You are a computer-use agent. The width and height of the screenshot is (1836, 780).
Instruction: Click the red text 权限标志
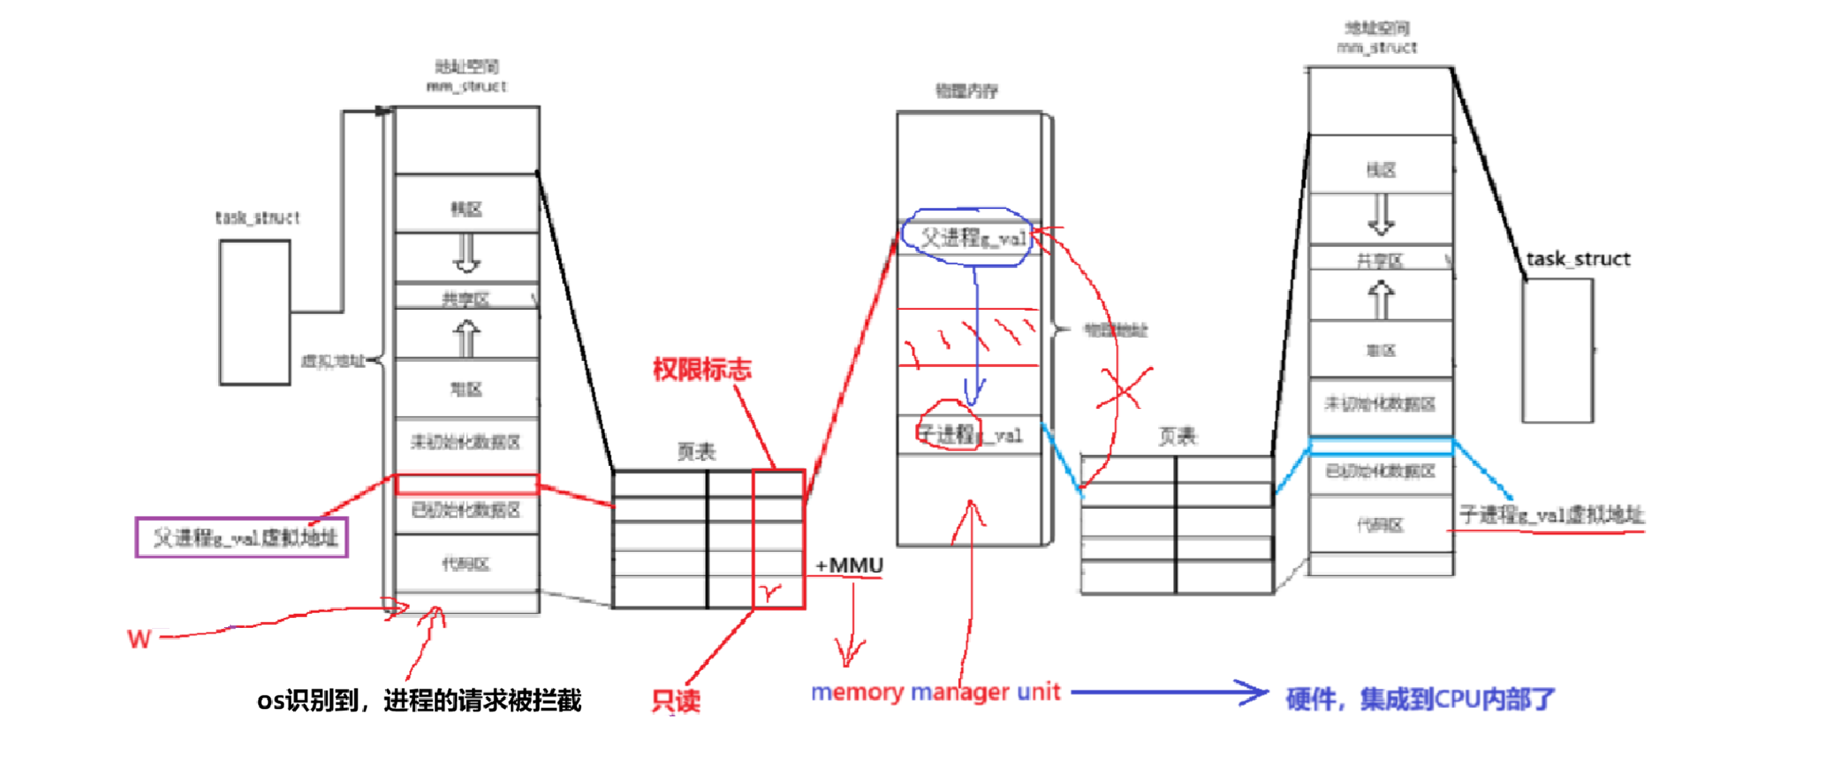pyautogui.click(x=702, y=369)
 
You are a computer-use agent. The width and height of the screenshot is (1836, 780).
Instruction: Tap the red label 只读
pyautogui.click(x=675, y=701)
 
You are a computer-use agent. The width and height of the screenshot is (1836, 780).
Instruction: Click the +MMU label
pyautogui.click(x=849, y=566)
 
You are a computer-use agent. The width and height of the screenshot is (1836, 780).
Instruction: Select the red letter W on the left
pyautogui.click(x=139, y=639)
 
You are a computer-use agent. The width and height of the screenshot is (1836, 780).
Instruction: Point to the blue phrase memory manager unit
pyautogui.click(x=935, y=692)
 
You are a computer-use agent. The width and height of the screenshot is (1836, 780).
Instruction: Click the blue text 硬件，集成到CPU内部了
pyautogui.click(x=1419, y=700)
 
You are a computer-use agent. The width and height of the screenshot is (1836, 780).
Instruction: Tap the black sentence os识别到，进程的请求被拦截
pyautogui.click(x=419, y=701)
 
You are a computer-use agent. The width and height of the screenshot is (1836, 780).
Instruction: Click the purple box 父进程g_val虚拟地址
pyautogui.click(x=242, y=538)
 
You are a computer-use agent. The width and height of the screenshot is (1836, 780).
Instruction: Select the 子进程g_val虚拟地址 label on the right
pyautogui.click(x=1551, y=516)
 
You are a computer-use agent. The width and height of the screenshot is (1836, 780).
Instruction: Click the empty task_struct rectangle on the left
pyautogui.click(x=255, y=312)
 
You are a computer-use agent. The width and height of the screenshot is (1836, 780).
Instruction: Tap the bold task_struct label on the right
pyautogui.click(x=1577, y=259)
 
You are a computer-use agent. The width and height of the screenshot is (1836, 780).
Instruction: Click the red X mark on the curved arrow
pyautogui.click(x=1123, y=388)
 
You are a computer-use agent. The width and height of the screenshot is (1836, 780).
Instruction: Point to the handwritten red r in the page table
pyautogui.click(x=771, y=592)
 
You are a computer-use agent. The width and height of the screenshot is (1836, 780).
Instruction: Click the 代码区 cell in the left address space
pyautogui.click(x=466, y=564)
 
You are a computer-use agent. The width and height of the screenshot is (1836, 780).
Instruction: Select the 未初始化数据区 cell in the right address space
pyautogui.click(x=1380, y=404)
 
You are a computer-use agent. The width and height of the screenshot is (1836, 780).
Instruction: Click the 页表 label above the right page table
pyautogui.click(x=1176, y=436)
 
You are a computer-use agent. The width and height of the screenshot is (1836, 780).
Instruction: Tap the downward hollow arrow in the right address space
pyautogui.click(x=1381, y=215)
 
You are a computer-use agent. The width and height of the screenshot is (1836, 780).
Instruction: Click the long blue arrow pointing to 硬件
pyautogui.click(x=1169, y=692)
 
